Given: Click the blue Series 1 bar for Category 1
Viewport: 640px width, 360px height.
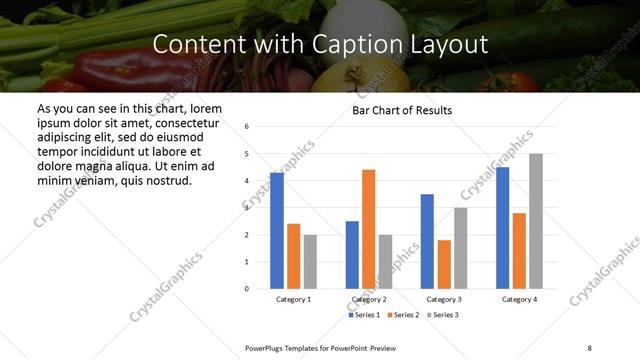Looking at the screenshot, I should pyautogui.click(x=277, y=231).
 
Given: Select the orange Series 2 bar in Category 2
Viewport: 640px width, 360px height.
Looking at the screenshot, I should pyautogui.click(x=368, y=229).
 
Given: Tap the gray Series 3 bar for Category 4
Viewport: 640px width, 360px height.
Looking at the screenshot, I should pyautogui.click(x=536, y=221).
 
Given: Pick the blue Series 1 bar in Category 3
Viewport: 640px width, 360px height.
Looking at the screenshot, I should pyautogui.click(x=427, y=241).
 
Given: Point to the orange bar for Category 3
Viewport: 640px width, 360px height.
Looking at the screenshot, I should pyautogui.click(x=444, y=264).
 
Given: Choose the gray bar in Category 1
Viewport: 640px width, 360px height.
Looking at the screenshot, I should pyautogui.click(x=310, y=261).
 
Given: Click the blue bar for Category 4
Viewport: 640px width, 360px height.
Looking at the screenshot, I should pyautogui.click(x=503, y=228).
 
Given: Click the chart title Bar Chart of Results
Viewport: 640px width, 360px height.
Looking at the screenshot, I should pyautogui.click(x=402, y=110).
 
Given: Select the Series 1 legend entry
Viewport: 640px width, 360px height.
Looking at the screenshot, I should pyautogui.click(x=364, y=315).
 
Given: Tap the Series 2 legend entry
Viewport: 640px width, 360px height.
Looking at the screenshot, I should pyautogui.click(x=402, y=315).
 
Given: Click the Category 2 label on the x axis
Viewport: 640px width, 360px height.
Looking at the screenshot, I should pyautogui.click(x=369, y=299).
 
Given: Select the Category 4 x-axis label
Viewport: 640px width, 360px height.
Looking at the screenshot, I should pyautogui.click(x=519, y=299).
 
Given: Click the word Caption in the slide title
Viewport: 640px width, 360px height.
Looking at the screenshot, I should pyautogui.click(x=368, y=45).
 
